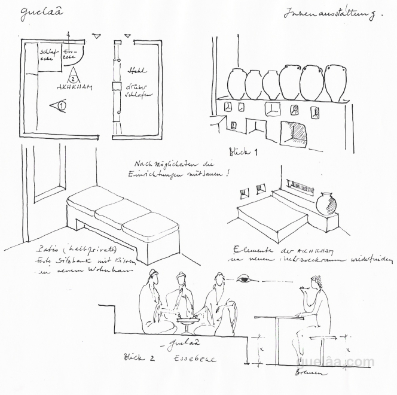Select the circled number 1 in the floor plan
click(61, 106)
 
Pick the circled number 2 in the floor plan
click(73, 77)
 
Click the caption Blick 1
click(243, 151)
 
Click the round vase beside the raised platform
click(326, 203)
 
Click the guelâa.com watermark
click(334, 361)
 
